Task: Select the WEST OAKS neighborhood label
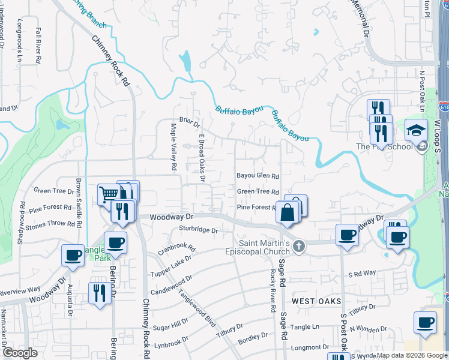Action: tap(317, 301)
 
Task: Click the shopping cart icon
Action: tap(108, 193)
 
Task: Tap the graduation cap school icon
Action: tap(415, 130)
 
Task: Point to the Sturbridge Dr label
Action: tap(197, 230)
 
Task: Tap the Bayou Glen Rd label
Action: tap(258, 176)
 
